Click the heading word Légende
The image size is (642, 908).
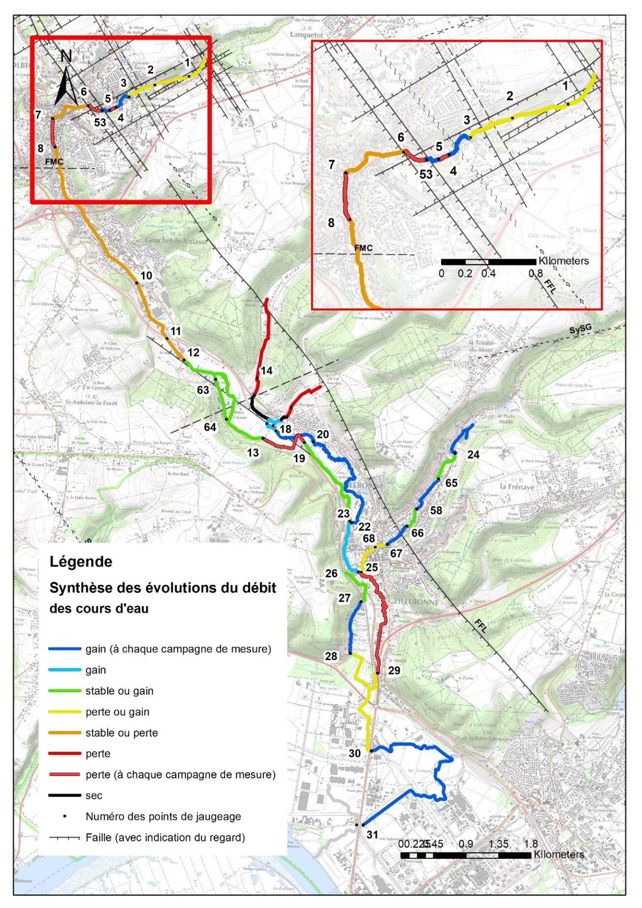point(81,562)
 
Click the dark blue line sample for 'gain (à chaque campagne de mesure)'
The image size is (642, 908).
point(64,649)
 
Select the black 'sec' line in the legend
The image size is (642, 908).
point(64,795)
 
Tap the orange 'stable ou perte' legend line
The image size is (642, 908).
point(64,733)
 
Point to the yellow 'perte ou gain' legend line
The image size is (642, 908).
point(64,711)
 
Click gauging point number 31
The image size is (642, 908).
point(372,835)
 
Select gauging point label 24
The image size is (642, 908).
point(473,454)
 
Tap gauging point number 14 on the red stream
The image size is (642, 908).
point(266,370)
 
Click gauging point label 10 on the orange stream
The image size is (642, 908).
point(146,275)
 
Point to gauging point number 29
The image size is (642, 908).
point(394,670)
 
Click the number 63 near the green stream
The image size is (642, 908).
point(203,390)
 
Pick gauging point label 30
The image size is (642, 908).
point(354,753)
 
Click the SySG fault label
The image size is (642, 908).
point(580,330)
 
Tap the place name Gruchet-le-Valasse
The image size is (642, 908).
point(176,240)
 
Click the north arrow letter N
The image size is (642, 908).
point(66,57)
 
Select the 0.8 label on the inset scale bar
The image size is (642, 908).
point(536,273)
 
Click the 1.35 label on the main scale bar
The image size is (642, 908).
point(498,844)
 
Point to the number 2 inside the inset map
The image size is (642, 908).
point(510,96)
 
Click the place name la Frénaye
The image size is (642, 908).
point(516,486)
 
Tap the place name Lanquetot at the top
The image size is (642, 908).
point(306,35)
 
